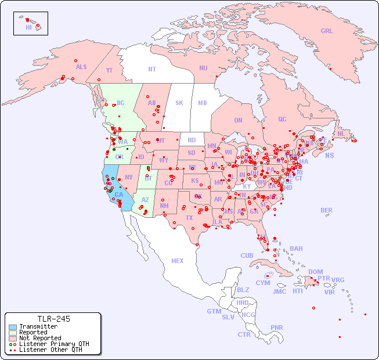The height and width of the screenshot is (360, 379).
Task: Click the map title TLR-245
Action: [x=53, y=319]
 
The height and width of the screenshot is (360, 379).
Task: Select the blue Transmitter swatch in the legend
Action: [x=12, y=326]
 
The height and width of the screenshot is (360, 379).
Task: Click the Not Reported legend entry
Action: [x=39, y=338]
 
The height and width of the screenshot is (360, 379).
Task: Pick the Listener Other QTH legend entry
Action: [x=50, y=350]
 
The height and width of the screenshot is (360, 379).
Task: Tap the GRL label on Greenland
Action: [x=327, y=31]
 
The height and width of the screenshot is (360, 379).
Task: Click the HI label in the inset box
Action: [x=28, y=27]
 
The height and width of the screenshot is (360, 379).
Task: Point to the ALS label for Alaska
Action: [x=81, y=67]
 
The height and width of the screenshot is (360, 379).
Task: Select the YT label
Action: [x=109, y=70]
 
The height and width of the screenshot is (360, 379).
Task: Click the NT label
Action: [x=151, y=69]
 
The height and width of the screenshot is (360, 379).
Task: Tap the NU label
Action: [x=203, y=68]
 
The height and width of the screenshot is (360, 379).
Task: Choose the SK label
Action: [x=179, y=103]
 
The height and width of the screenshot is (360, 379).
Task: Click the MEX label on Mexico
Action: [x=178, y=261]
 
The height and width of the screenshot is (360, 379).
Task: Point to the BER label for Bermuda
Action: [x=326, y=210]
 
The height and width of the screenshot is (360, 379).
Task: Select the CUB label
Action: [x=247, y=255]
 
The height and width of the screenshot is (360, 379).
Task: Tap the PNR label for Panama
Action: [x=277, y=327]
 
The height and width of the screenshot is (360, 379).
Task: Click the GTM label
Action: [x=214, y=311]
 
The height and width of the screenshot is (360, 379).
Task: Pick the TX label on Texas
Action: [x=189, y=218]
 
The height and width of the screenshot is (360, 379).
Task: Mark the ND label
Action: [x=192, y=140]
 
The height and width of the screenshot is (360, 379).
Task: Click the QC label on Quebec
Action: [x=282, y=119]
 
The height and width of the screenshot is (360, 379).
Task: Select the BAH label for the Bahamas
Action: [x=296, y=249]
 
